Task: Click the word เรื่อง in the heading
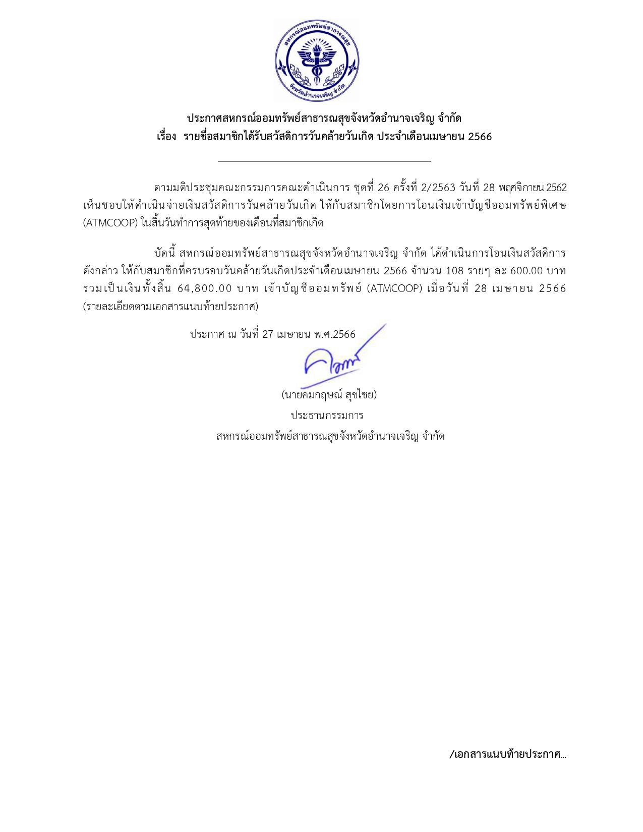click(166, 137)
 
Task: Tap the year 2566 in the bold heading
click(480, 137)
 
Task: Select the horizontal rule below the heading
click(324, 161)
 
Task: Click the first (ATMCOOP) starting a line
click(110, 223)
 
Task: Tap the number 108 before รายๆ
click(455, 271)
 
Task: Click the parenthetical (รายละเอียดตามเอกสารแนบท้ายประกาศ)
click(170, 306)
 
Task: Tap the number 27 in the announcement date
click(267, 334)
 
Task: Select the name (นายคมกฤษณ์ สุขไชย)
click(329, 394)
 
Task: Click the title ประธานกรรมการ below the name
click(327, 415)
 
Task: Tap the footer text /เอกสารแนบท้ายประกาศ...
click(507, 754)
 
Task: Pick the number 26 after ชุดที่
click(383, 188)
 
